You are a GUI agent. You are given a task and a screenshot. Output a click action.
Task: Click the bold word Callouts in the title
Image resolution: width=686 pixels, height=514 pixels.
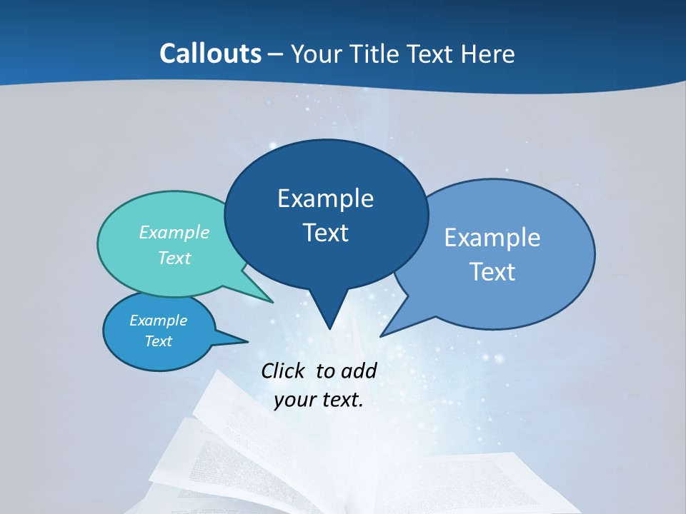point(210,54)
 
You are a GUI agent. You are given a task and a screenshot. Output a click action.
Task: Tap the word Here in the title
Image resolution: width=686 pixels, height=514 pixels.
point(489,54)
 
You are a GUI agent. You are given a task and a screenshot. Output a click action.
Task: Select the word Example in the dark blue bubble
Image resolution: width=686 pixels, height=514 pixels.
point(325,198)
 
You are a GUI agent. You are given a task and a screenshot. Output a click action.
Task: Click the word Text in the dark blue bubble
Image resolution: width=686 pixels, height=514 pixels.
point(325,232)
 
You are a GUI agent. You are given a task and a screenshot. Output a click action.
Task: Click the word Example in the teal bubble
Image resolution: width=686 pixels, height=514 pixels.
point(174,232)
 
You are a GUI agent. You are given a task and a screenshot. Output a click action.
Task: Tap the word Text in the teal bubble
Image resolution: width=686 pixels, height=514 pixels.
point(174,258)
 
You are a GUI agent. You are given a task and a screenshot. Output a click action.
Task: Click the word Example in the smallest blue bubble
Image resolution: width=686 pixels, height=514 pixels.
point(158,321)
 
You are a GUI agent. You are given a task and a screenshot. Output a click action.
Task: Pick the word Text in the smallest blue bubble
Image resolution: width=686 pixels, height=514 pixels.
point(158,341)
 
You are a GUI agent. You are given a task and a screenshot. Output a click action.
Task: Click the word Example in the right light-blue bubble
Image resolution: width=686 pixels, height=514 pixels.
point(492,237)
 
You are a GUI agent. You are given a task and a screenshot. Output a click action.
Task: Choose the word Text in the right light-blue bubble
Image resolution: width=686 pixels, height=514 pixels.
point(492,271)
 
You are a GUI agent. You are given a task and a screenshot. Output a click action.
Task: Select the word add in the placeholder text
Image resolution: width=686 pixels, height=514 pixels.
point(359,371)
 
